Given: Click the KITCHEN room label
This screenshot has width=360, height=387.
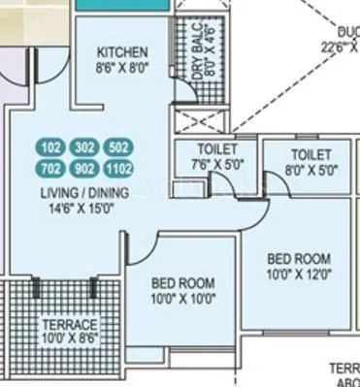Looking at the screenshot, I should click(122, 52).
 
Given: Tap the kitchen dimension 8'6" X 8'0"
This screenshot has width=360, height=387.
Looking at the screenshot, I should click(122, 69).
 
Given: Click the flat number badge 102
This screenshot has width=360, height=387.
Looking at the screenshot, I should click(50, 148).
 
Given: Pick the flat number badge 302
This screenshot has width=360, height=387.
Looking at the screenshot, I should click(84, 148).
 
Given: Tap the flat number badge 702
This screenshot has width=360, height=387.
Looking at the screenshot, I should click(50, 167).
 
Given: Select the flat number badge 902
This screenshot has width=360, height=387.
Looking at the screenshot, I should click(84, 167).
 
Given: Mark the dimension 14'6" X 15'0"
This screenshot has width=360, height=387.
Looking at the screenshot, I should click(82, 208).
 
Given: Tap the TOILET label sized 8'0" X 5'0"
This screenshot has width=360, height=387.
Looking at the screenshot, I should click(311, 155).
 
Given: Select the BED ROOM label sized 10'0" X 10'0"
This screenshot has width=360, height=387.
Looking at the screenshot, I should click(182, 283).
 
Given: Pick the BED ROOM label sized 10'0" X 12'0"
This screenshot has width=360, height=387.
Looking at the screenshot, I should click(298, 259).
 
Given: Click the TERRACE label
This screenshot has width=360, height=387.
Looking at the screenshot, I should click(69, 324).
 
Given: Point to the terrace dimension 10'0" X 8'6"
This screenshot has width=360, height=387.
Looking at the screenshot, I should click(69, 339).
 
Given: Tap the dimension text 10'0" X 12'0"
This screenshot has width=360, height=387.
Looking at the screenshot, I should click(298, 275).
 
